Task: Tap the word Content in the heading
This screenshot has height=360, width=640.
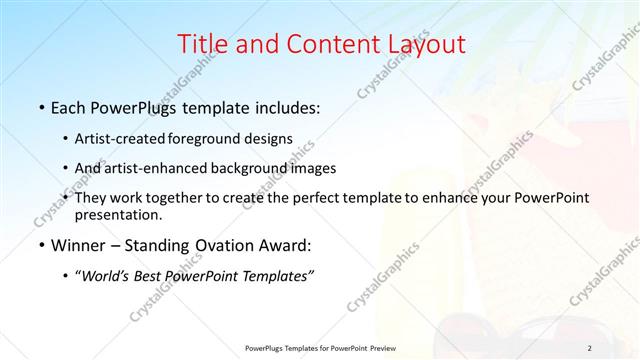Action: [328, 44]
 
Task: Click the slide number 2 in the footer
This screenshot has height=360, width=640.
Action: [590, 347]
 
